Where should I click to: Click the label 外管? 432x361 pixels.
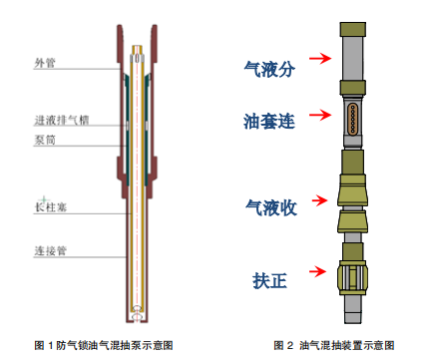[45, 63]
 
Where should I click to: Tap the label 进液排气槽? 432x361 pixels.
[62, 120]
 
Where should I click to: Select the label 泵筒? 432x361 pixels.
[45, 140]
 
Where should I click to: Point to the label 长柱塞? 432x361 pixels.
[51, 207]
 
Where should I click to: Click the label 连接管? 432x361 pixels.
[51, 250]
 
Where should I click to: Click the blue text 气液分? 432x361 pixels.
[269, 69]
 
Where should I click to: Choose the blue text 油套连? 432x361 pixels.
[269, 121]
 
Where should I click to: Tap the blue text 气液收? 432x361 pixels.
[271, 207]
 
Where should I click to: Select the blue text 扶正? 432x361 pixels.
[269, 280]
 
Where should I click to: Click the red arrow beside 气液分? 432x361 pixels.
[320, 59]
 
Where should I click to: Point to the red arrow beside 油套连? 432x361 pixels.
[320, 115]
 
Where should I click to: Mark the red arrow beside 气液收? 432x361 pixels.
[320, 200]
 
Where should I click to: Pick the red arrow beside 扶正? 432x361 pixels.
[317, 271]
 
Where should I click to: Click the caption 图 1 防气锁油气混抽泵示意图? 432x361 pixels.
[104, 345]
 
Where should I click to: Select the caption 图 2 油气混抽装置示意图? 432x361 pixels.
[334, 345]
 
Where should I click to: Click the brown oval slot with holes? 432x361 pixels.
[353, 119]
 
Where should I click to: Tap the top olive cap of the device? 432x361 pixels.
[353, 29]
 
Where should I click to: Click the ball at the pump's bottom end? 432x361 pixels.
[137, 316]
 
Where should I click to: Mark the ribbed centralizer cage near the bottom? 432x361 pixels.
[352, 276]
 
